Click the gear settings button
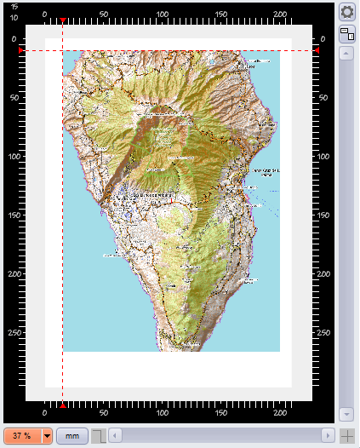click(347, 12)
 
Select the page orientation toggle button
click(347, 34)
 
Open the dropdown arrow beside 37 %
click(47, 436)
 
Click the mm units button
click(72, 436)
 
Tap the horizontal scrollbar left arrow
click(115, 436)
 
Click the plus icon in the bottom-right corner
click(347, 436)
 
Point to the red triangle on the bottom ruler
click(63, 404)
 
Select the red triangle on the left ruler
click(20, 51)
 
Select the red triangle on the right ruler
click(317, 51)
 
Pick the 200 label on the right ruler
click(326, 274)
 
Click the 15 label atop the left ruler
click(14, 7)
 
